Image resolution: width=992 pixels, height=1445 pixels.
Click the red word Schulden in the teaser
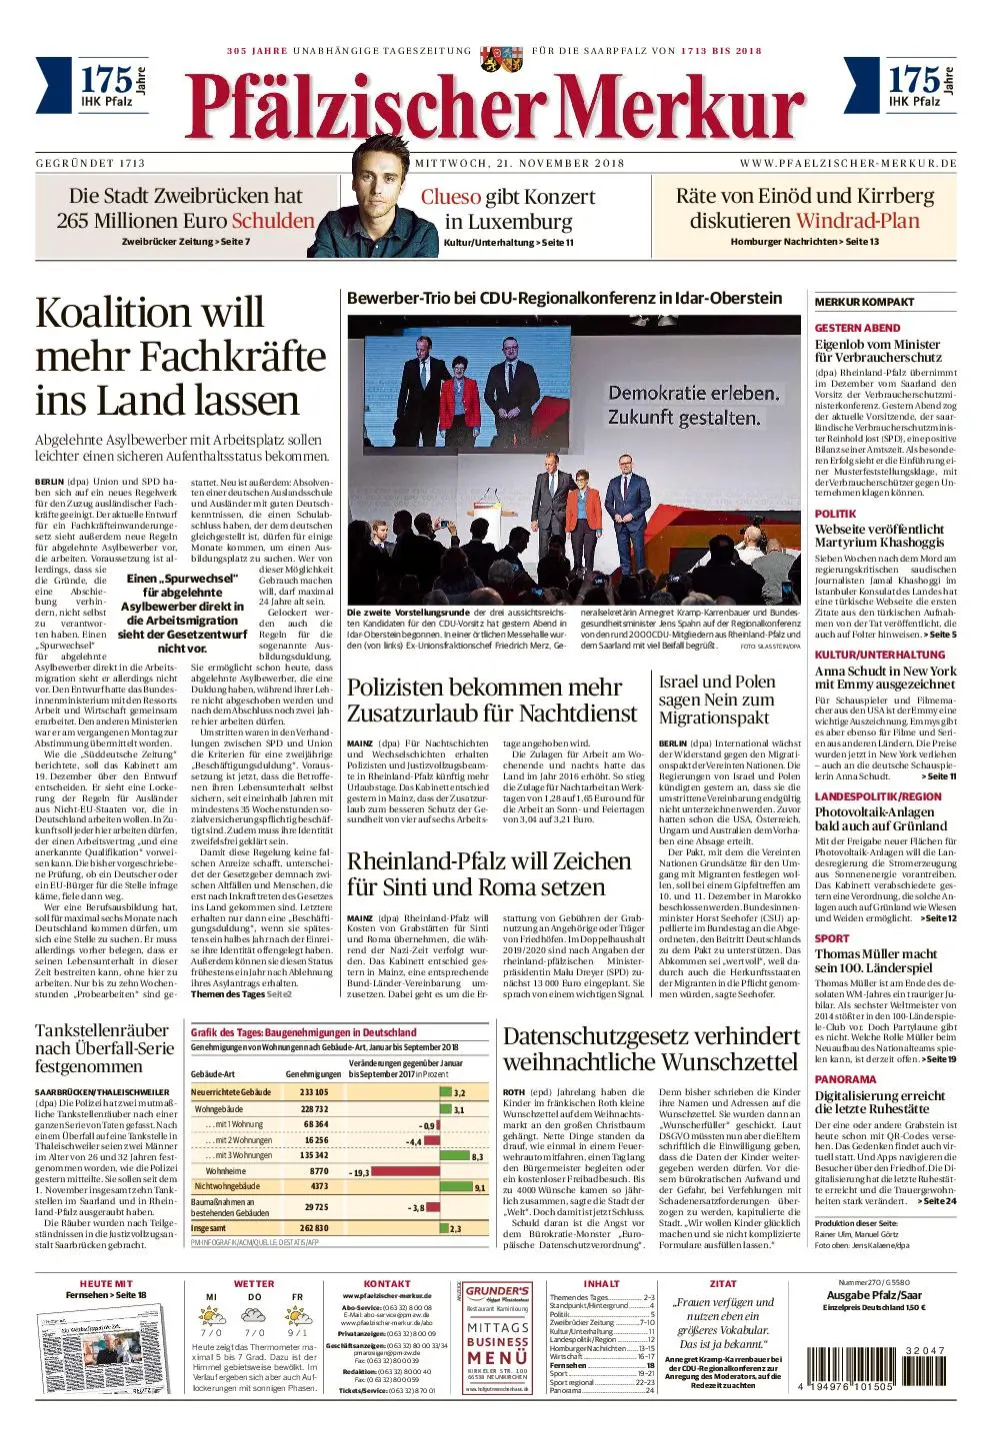(x=273, y=221)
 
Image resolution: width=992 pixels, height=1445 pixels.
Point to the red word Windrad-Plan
(x=857, y=221)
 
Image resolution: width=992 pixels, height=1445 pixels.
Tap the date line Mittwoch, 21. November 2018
(x=520, y=163)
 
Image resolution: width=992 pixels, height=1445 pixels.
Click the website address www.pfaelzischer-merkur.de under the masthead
(x=848, y=163)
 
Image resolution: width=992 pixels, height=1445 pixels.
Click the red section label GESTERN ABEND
(x=857, y=328)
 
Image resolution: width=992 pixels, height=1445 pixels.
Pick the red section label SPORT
(x=832, y=938)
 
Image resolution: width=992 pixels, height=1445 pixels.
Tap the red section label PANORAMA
(x=845, y=1079)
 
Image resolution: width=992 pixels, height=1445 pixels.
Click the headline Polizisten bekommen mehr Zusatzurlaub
(x=492, y=700)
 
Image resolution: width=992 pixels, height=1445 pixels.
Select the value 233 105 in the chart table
(x=313, y=1092)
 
